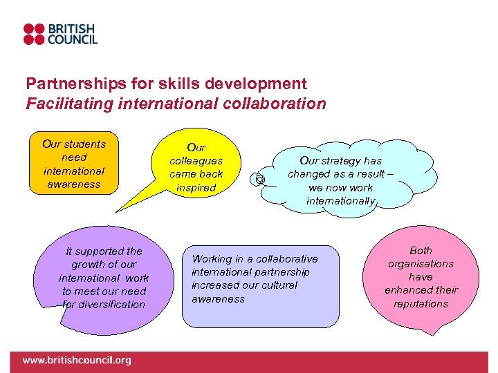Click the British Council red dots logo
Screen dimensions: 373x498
(33, 34)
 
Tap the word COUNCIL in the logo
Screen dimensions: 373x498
(71, 40)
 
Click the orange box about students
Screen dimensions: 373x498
(73, 164)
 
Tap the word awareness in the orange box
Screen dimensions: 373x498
(74, 184)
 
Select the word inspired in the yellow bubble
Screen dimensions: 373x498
(196, 188)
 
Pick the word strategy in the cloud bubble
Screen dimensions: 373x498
(348, 161)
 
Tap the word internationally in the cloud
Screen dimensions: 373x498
(342, 201)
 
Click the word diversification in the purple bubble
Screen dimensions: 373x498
(104, 304)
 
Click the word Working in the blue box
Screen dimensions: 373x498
(212, 259)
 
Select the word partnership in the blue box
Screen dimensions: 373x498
(281, 272)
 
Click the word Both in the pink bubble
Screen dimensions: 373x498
(421, 251)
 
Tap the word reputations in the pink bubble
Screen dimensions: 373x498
(421, 304)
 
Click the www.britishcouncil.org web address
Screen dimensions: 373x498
(76, 361)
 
